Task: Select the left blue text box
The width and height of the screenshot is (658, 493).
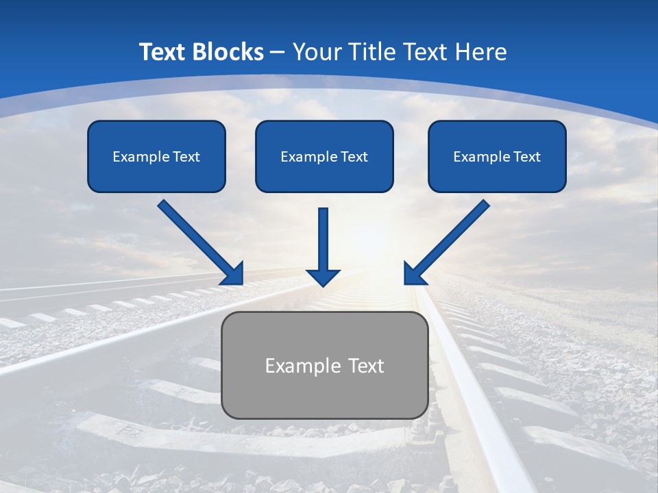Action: pos(156,156)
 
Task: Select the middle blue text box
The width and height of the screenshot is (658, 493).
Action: pos(324,156)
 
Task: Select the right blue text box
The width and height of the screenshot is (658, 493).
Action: pos(497,156)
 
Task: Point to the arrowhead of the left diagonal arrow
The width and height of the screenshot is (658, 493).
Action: pos(233,274)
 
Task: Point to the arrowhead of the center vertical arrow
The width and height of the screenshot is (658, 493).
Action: pos(323,277)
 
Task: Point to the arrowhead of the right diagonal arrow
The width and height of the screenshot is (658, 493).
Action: pos(413,274)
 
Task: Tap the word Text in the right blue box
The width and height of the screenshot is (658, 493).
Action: pos(527,157)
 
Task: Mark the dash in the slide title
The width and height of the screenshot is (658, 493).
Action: pos(278,53)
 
